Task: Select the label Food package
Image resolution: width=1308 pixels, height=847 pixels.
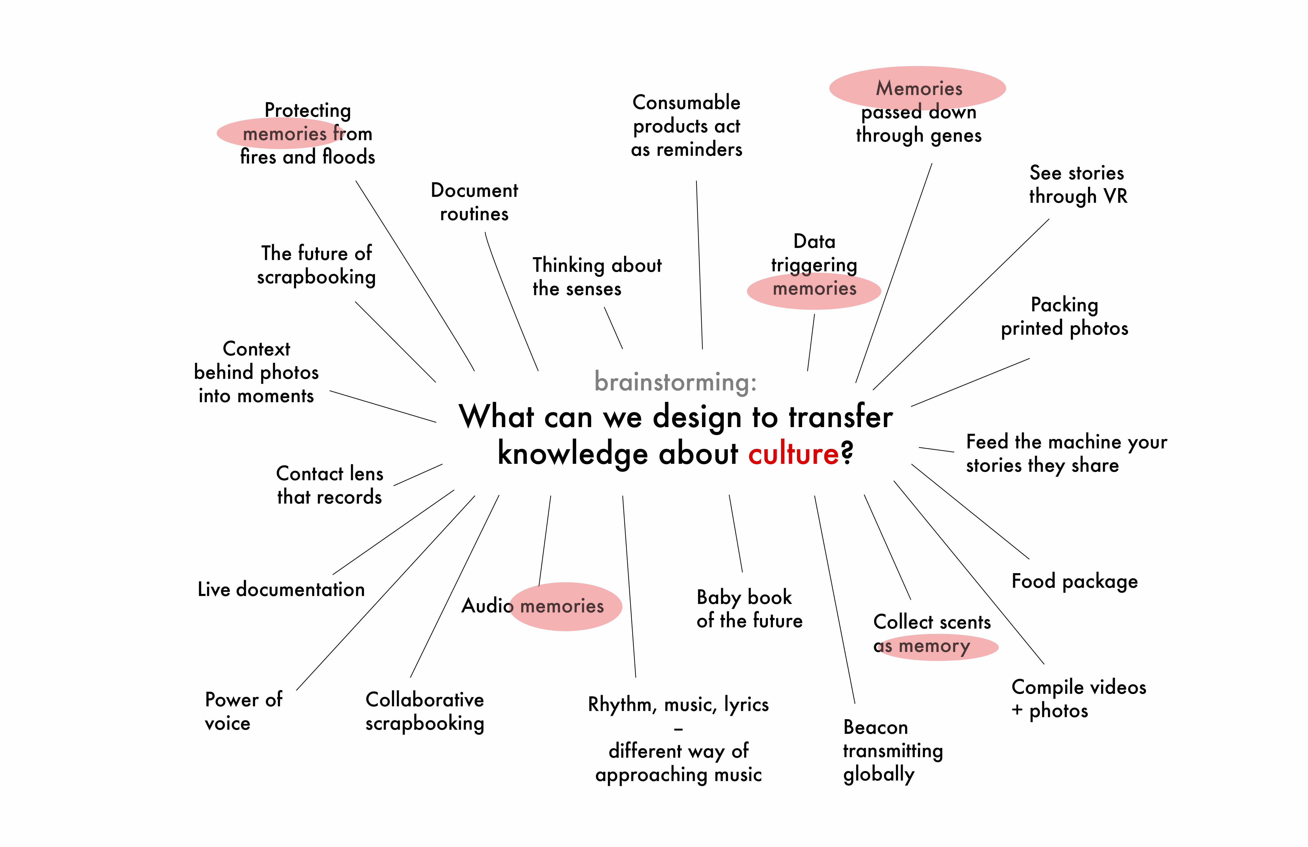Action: (1074, 581)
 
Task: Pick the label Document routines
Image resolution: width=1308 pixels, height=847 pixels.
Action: (474, 202)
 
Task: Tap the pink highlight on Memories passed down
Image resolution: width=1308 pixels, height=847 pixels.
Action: (917, 88)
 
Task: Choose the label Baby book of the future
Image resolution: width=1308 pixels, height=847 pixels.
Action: (749, 609)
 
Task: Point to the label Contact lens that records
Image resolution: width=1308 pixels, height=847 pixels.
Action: (329, 485)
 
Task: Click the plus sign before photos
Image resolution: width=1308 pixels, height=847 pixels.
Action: (1017, 711)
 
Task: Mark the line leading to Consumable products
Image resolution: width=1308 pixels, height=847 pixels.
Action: (699, 265)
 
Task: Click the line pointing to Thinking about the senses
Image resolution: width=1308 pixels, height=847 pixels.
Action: (613, 328)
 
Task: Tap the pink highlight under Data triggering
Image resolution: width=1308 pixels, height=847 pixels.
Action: (814, 291)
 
